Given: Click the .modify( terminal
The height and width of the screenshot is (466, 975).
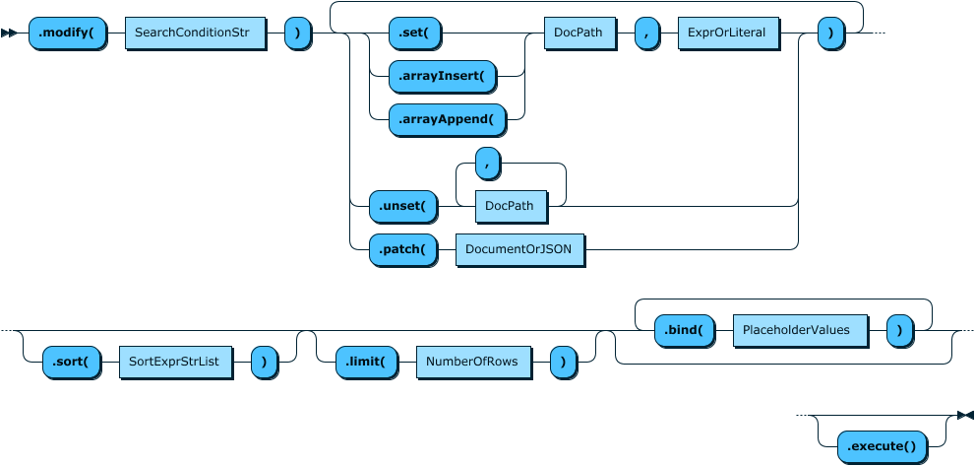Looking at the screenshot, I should click(66, 33).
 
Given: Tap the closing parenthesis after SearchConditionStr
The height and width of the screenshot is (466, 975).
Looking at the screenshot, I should click(298, 33).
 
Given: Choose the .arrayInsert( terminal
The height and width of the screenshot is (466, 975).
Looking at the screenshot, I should click(443, 75).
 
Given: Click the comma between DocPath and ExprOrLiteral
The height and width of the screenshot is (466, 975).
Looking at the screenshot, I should click(646, 33).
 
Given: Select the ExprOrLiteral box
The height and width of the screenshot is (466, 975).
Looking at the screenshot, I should click(728, 33).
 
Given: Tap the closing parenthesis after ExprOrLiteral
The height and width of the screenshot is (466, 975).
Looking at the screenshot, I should click(831, 33).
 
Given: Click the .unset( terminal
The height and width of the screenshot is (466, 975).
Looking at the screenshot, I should click(402, 206).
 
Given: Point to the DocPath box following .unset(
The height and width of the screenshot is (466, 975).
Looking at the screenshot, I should click(510, 206).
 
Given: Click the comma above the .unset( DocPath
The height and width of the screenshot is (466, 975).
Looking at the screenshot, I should click(487, 163).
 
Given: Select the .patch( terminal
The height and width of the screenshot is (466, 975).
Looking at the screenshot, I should click(402, 250).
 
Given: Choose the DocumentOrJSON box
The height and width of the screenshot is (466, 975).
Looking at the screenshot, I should click(519, 250).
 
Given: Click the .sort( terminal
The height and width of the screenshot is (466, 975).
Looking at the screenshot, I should click(72, 362).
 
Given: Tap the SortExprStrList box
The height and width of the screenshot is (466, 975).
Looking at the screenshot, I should click(176, 362).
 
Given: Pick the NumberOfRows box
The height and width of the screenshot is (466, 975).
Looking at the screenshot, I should click(473, 362).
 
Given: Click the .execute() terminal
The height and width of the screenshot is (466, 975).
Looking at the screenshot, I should click(882, 447).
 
